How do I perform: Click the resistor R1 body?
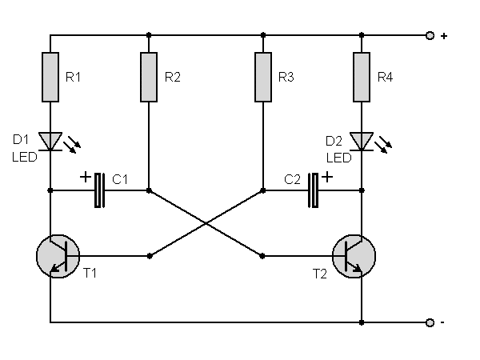coord(50,77)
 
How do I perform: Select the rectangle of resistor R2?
coord(149,77)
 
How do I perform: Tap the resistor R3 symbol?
coord(263,77)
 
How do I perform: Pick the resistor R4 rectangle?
coord(362,77)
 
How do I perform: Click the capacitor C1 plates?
coord(100,190)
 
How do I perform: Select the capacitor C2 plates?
coord(314,190)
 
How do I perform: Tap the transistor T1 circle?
coord(58,256)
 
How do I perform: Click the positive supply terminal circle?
coord(430,36)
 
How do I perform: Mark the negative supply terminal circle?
coord(430,322)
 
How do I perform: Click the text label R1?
coord(73,78)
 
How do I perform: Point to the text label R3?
coord(286,78)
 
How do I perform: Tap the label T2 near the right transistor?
coord(321,274)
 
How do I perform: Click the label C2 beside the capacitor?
coord(293,181)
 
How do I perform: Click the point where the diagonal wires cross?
coord(206,223)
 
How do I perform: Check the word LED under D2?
coord(338,158)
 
